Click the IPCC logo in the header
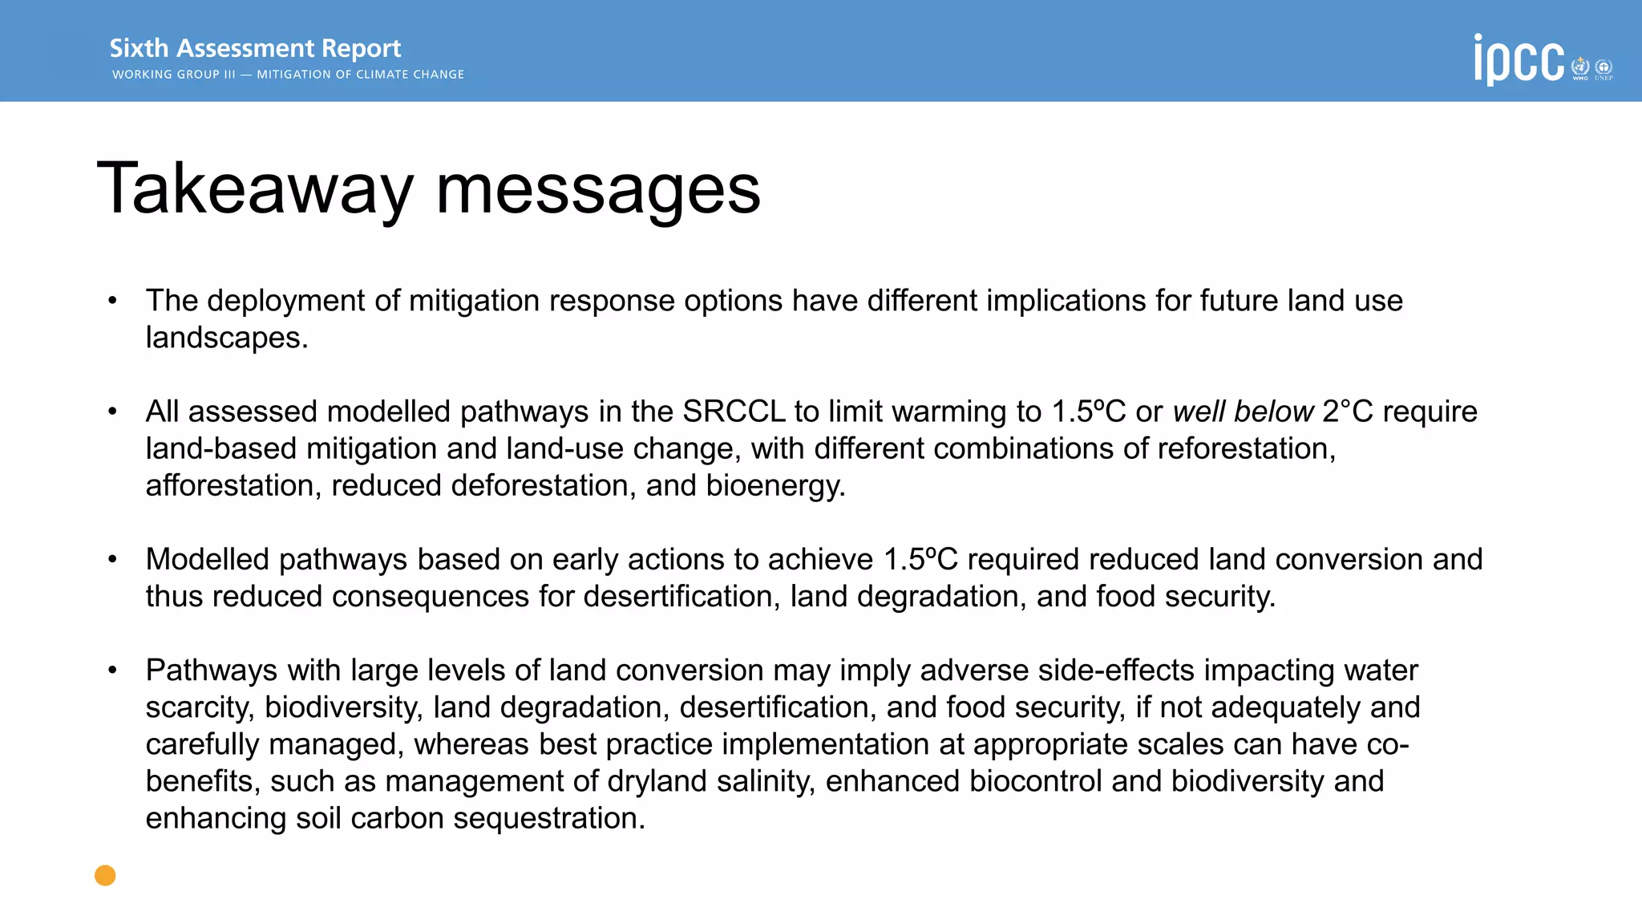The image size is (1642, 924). pos(1519,59)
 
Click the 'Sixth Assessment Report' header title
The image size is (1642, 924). pos(255,48)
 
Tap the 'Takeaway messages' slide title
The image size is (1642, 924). pos(428,188)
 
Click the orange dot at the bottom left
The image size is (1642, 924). pos(105,875)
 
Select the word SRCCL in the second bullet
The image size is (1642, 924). pos(734,411)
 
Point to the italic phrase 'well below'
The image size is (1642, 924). pos(1243,411)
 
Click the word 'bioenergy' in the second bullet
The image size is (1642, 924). pos(774,486)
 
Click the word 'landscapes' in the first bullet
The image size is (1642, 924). pos(224,338)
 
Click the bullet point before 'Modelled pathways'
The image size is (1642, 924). pos(113,559)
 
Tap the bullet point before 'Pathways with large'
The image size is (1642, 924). pos(113,670)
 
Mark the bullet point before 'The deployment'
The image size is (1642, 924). pos(113,301)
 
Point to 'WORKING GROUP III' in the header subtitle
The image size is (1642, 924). pos(173,75)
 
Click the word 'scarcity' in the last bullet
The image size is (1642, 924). pos(200,707)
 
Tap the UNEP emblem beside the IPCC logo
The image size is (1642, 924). pos(1604,68)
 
